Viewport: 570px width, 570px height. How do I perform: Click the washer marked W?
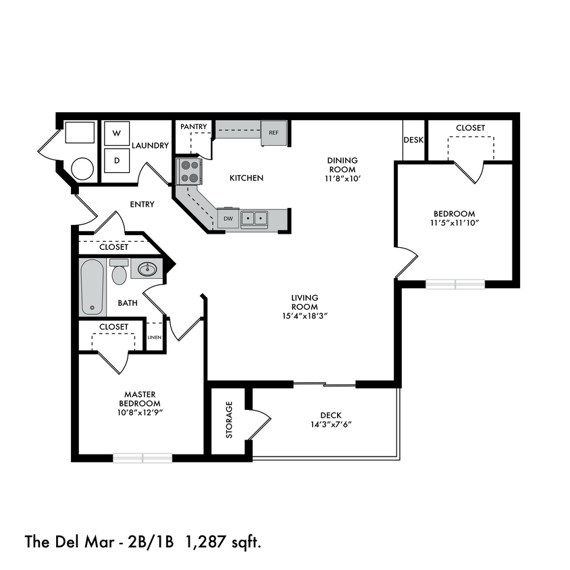[x=116, y=133]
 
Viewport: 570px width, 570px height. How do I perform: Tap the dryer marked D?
[x=116, y=161]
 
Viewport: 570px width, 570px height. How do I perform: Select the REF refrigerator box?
[x=274, y=132]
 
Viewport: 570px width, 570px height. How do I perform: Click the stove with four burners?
[x=188, y=171]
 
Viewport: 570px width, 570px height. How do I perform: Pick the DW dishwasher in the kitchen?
[x=228, y=218]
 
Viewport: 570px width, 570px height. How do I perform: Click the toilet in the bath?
[x=120, y=274]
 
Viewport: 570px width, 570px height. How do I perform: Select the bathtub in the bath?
[x=92, y=288]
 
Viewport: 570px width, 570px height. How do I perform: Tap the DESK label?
[x=413, y=140]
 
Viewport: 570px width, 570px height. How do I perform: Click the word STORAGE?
[x=229, y=420]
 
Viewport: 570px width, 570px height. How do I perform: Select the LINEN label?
[x=155, y=338]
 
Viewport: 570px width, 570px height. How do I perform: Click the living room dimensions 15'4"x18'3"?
[x=305, y=315]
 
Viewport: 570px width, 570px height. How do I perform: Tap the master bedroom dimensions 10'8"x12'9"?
[x=141, y=412]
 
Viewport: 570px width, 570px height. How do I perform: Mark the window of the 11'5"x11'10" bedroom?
[x=455, y=284]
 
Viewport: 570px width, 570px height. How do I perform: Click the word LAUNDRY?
[x=150, y=145]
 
